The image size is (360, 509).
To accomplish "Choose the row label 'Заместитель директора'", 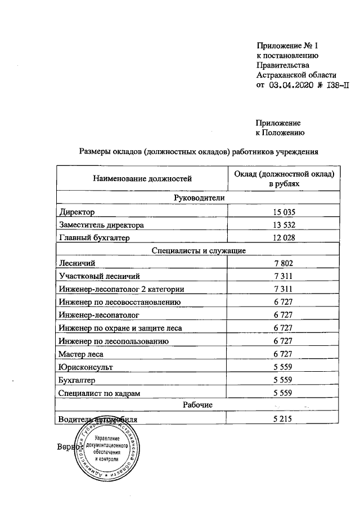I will click(101, 225).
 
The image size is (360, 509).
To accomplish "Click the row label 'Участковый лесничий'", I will click(98, 276).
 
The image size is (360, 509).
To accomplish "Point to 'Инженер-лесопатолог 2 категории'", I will click(121, 289).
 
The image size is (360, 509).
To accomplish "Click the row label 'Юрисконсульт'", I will click(85, 367).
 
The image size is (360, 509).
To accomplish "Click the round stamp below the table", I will click(107, 449).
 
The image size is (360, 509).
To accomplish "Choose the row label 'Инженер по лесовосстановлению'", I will click(119, 302).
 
